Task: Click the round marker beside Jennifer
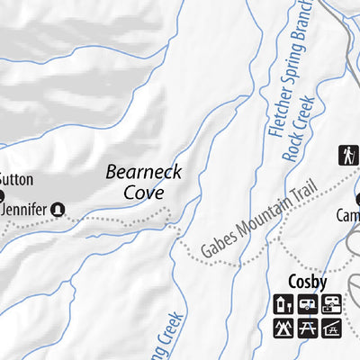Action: point(58,208)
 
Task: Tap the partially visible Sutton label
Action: point(15,177)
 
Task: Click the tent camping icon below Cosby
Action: point(284,328)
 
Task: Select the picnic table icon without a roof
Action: point(308,328)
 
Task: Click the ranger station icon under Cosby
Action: point(284,304)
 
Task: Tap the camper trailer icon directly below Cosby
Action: point(308,304)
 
